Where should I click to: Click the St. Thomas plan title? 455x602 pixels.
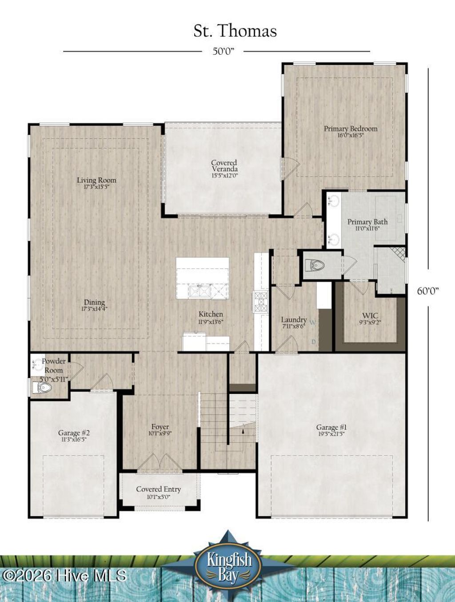235,31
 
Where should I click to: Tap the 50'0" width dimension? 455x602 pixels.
223,51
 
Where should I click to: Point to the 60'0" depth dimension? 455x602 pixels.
428,291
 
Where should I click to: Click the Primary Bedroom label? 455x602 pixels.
351,131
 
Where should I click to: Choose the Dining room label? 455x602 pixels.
94,305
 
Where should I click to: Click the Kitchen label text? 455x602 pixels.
211,317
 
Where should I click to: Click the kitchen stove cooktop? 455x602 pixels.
260,301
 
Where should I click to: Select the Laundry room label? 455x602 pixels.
294,322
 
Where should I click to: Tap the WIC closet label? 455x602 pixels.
370,319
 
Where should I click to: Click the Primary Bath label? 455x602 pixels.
367,224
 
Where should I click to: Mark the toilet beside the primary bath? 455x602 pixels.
315,266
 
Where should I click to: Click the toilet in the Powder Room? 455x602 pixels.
42,388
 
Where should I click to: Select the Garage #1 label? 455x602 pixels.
331,430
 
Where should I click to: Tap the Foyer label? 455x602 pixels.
160,429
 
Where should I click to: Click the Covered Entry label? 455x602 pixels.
159,492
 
